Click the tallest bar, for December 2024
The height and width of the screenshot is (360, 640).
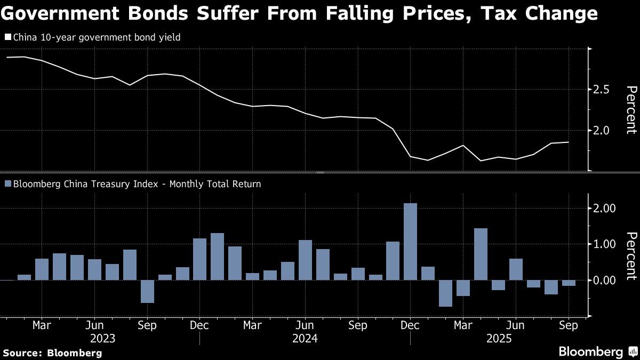410,241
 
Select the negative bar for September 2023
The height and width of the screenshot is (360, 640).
147,291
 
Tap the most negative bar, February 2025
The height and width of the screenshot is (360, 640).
445,293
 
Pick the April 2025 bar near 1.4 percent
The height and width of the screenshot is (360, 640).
481,254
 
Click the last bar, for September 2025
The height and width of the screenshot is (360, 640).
569,283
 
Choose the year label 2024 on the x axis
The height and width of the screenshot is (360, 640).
305,338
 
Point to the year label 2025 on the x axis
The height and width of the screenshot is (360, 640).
498,338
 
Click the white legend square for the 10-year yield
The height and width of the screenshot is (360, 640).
7,38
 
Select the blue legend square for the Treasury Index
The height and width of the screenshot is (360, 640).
7,184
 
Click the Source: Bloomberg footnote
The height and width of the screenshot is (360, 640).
52,353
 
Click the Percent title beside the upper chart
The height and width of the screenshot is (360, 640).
631,109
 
